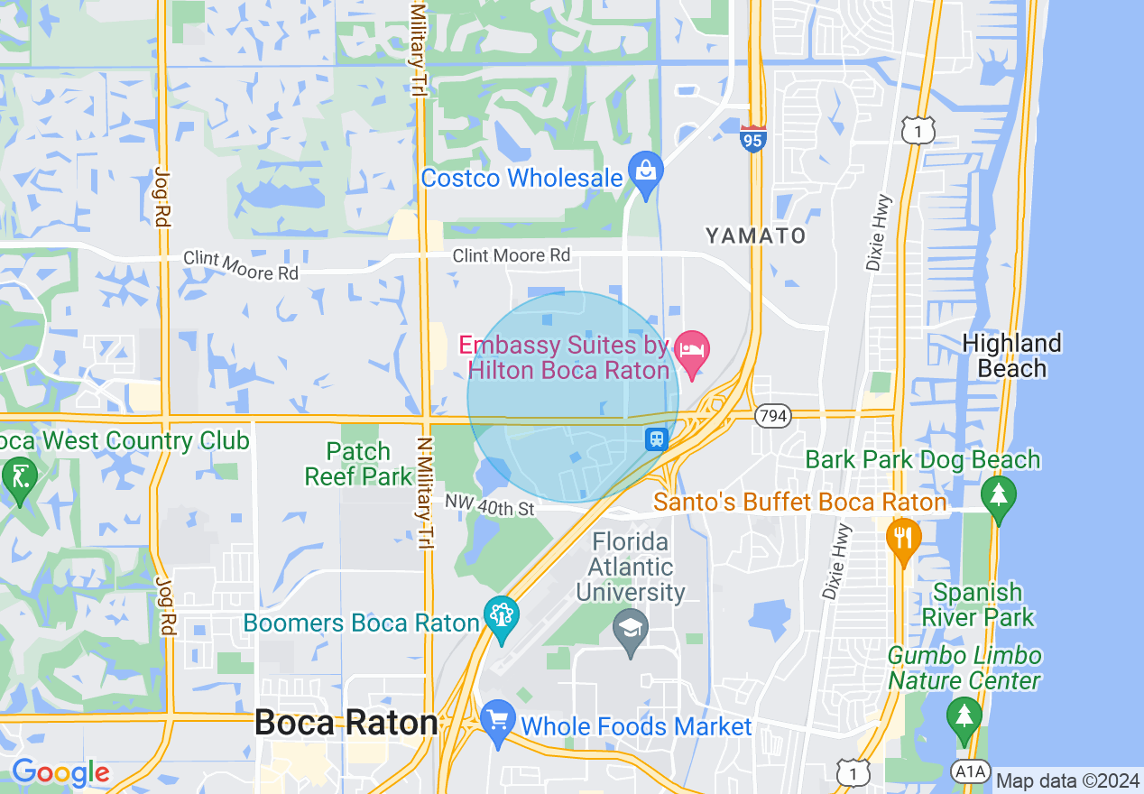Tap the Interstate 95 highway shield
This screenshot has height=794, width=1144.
click(752, 139)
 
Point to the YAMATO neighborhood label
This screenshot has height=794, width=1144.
click(756, 236)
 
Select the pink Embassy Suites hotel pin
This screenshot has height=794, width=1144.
click(692, 352)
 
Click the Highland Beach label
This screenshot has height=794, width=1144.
click(1011, 355)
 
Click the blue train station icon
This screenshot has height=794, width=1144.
click(656, 439)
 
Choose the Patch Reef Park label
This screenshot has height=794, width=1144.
click(359, 464)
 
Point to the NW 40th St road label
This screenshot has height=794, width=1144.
click(491, 507)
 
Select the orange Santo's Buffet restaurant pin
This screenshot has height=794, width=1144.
click(902, 536)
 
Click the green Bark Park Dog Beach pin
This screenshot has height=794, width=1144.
click(998, 494)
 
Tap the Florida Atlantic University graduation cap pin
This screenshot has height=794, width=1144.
click(629, 626)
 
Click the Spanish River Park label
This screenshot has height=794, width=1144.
click(978, 605)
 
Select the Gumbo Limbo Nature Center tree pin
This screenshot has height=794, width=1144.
click(964, 716)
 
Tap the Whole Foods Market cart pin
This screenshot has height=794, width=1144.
click(498, 721)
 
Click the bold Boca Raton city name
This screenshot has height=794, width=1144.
click(346, 722)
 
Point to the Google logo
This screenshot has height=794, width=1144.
click(60, 772)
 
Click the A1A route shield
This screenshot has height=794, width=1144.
click(969, 771)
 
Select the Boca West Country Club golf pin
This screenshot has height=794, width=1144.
click(19, 474)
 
